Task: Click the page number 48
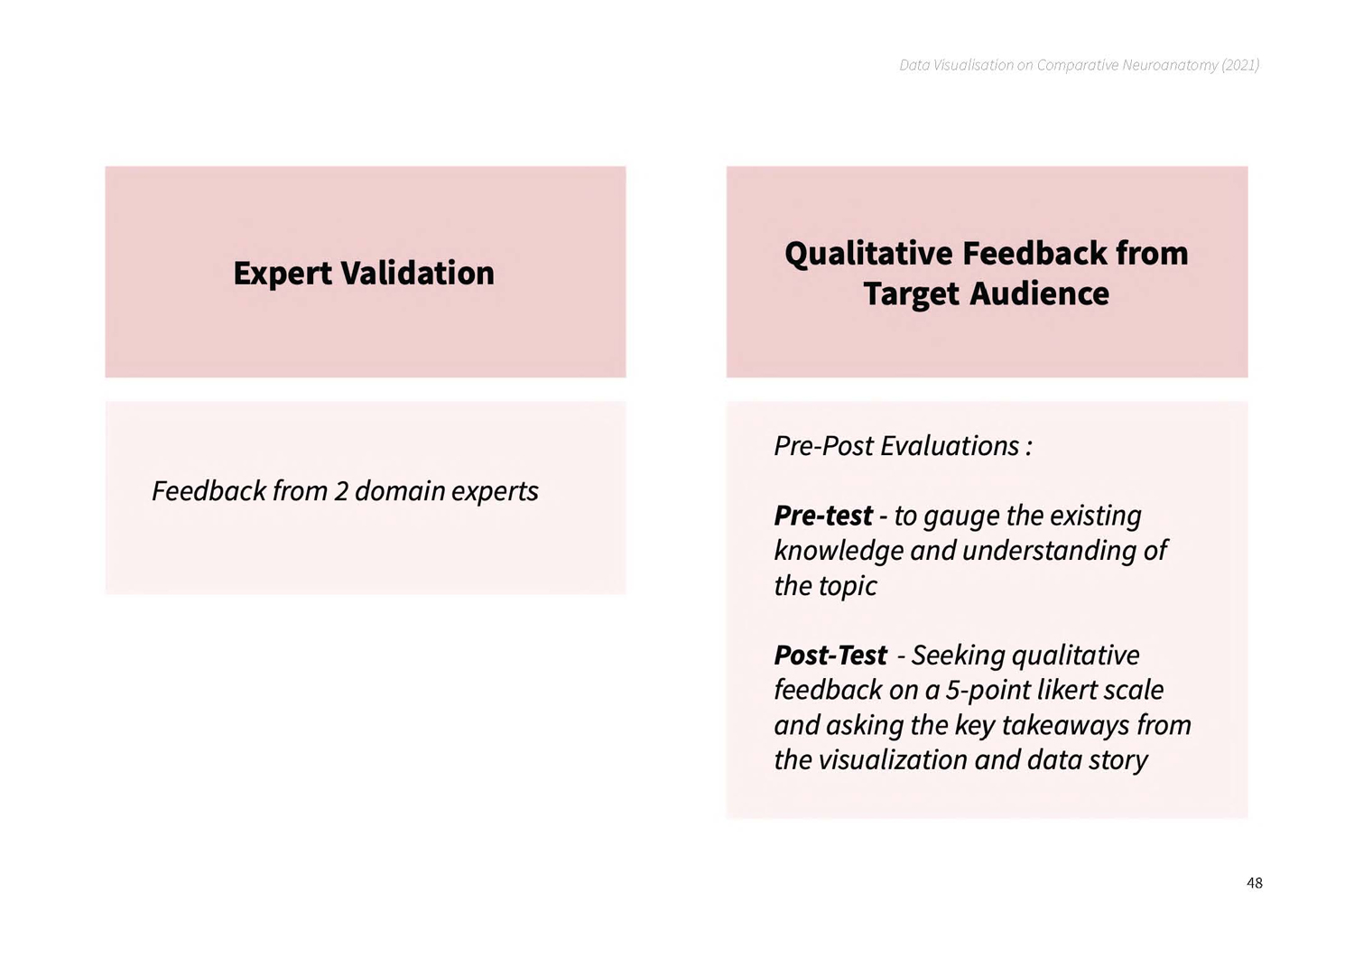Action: (x=1255, y=883)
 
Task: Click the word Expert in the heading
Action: (x=283, y=274)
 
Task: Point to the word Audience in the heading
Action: (x=1040, y=294)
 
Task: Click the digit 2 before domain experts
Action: (x=341, y=491)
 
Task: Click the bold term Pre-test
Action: (x=823, y=516)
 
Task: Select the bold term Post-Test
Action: (x=830, y=655)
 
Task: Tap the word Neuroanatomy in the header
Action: (x=1170, y=65)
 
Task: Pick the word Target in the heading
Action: (x=912, y=295)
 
